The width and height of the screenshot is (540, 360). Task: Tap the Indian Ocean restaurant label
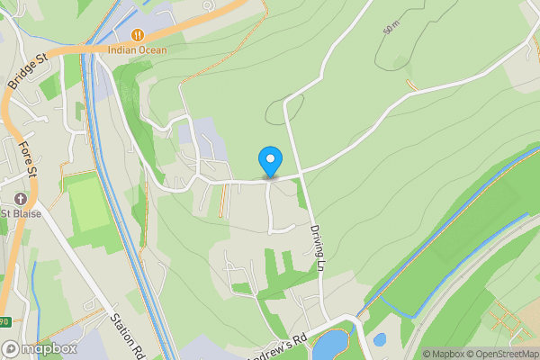pos(138,49)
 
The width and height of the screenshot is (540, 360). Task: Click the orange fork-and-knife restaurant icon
pos(138,34)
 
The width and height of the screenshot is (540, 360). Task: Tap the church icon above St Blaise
pos(19,199)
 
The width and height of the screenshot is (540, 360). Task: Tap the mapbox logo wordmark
pos(50,348)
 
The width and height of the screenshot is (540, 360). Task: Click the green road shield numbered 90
pos(4,321)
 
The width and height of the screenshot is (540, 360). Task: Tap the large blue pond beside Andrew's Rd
pos(331,344)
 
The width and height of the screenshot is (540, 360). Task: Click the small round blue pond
pos(380,339)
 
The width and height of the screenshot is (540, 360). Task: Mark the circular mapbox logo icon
pos(11,348)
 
